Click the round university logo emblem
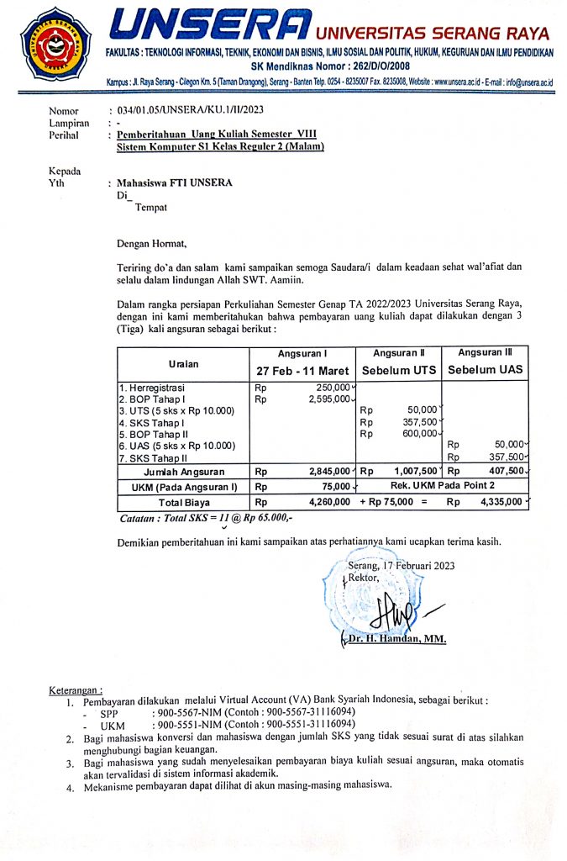(55, 40)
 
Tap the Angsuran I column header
(302, 353)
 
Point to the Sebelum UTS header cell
(399, 370)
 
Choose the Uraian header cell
(184, 362)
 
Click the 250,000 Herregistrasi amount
(331, 387)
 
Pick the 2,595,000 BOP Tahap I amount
(328, 399)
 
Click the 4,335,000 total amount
(498, 502)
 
